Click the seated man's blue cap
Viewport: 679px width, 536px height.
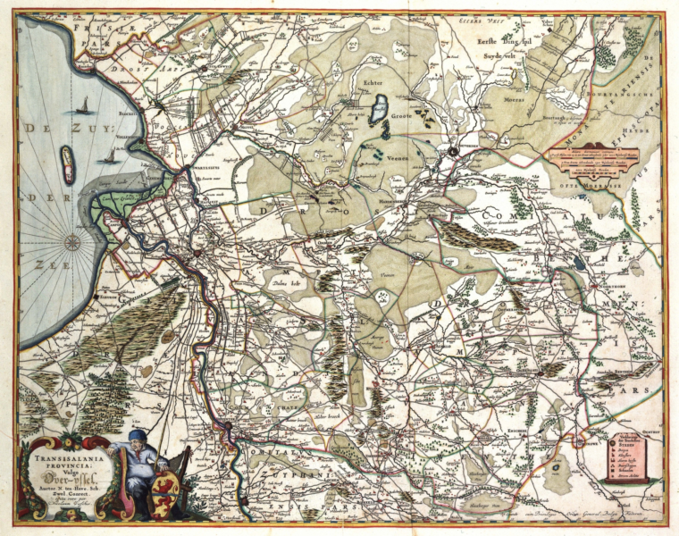[136, 435]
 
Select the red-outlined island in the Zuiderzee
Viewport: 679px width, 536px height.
[67, 164]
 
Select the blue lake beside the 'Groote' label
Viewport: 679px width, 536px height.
[376, 111]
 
